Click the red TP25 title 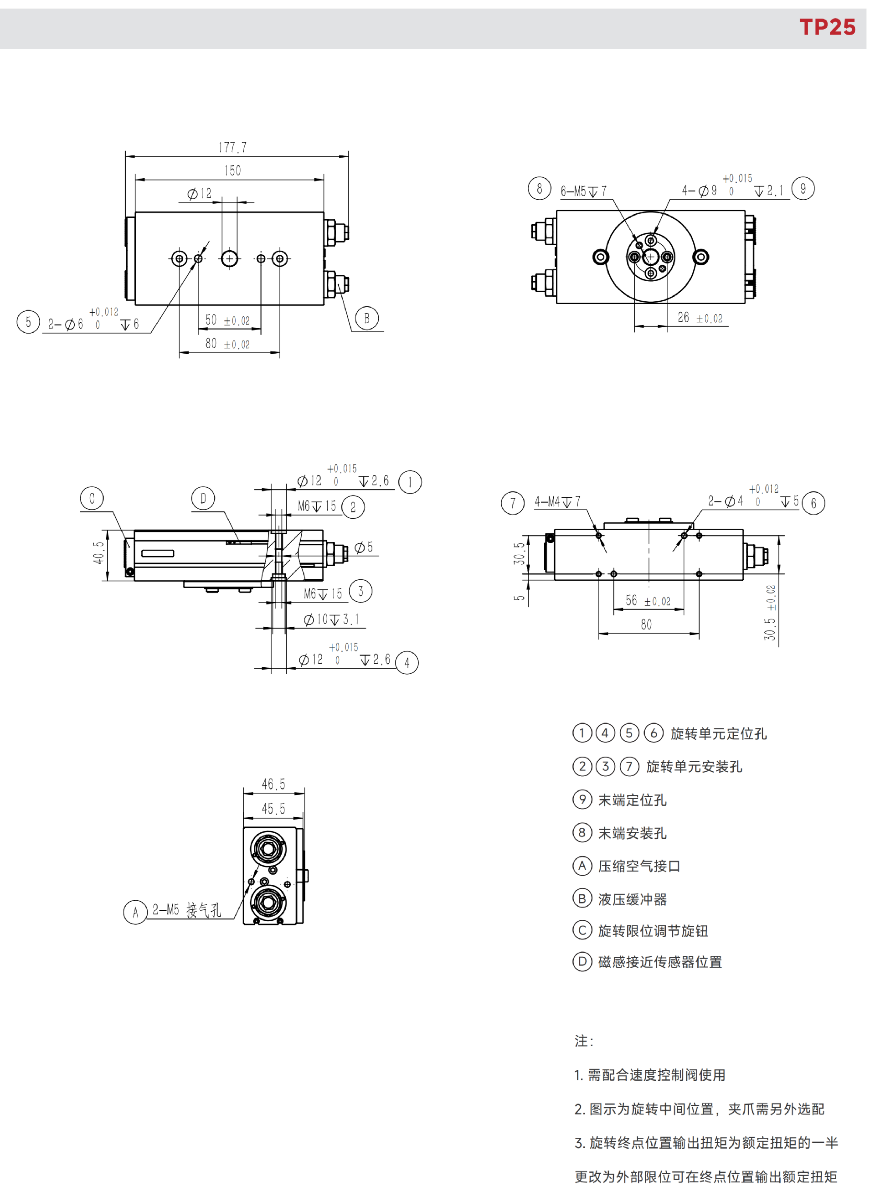[x=827, y=27]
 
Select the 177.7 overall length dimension [x=232, y=147]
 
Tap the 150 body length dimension [x=232, y=170]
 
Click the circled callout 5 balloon [x=28, y=321]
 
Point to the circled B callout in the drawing [x=366, y=318]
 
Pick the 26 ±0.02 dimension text [x=700, y=318]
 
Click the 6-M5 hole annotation [x=584, y=191]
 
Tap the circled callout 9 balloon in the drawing [x=803, y=189]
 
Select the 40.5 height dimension [x=98, y=552]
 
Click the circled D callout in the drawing [x=203, y=498]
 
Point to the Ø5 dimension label [x=364, y=547]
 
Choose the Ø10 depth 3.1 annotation [x=332, y=619]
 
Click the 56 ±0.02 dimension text [x=648, y=601]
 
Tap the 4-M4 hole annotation [x=558, y=501]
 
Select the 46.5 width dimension [x=273, y=784]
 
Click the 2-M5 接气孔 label [x=186, y=910]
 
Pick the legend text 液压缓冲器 [x=633, y=899]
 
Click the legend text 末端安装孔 [x=633, y=833]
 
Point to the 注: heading [x=584, y=1041]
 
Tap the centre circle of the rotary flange [x=650, y=257]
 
